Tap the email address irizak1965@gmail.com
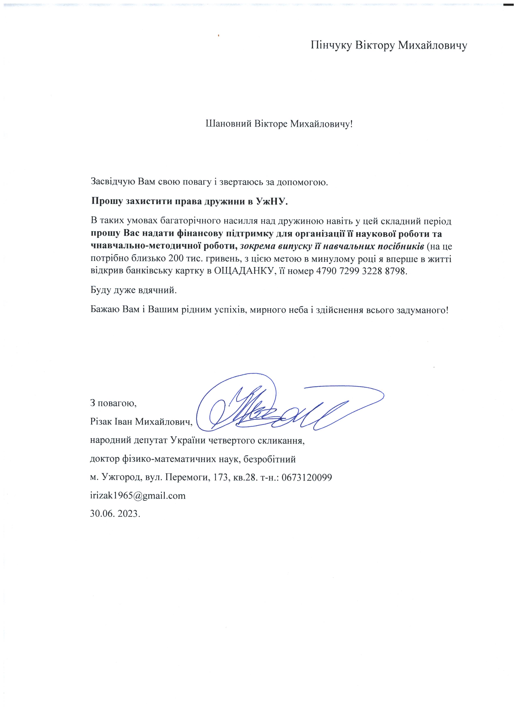138,496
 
